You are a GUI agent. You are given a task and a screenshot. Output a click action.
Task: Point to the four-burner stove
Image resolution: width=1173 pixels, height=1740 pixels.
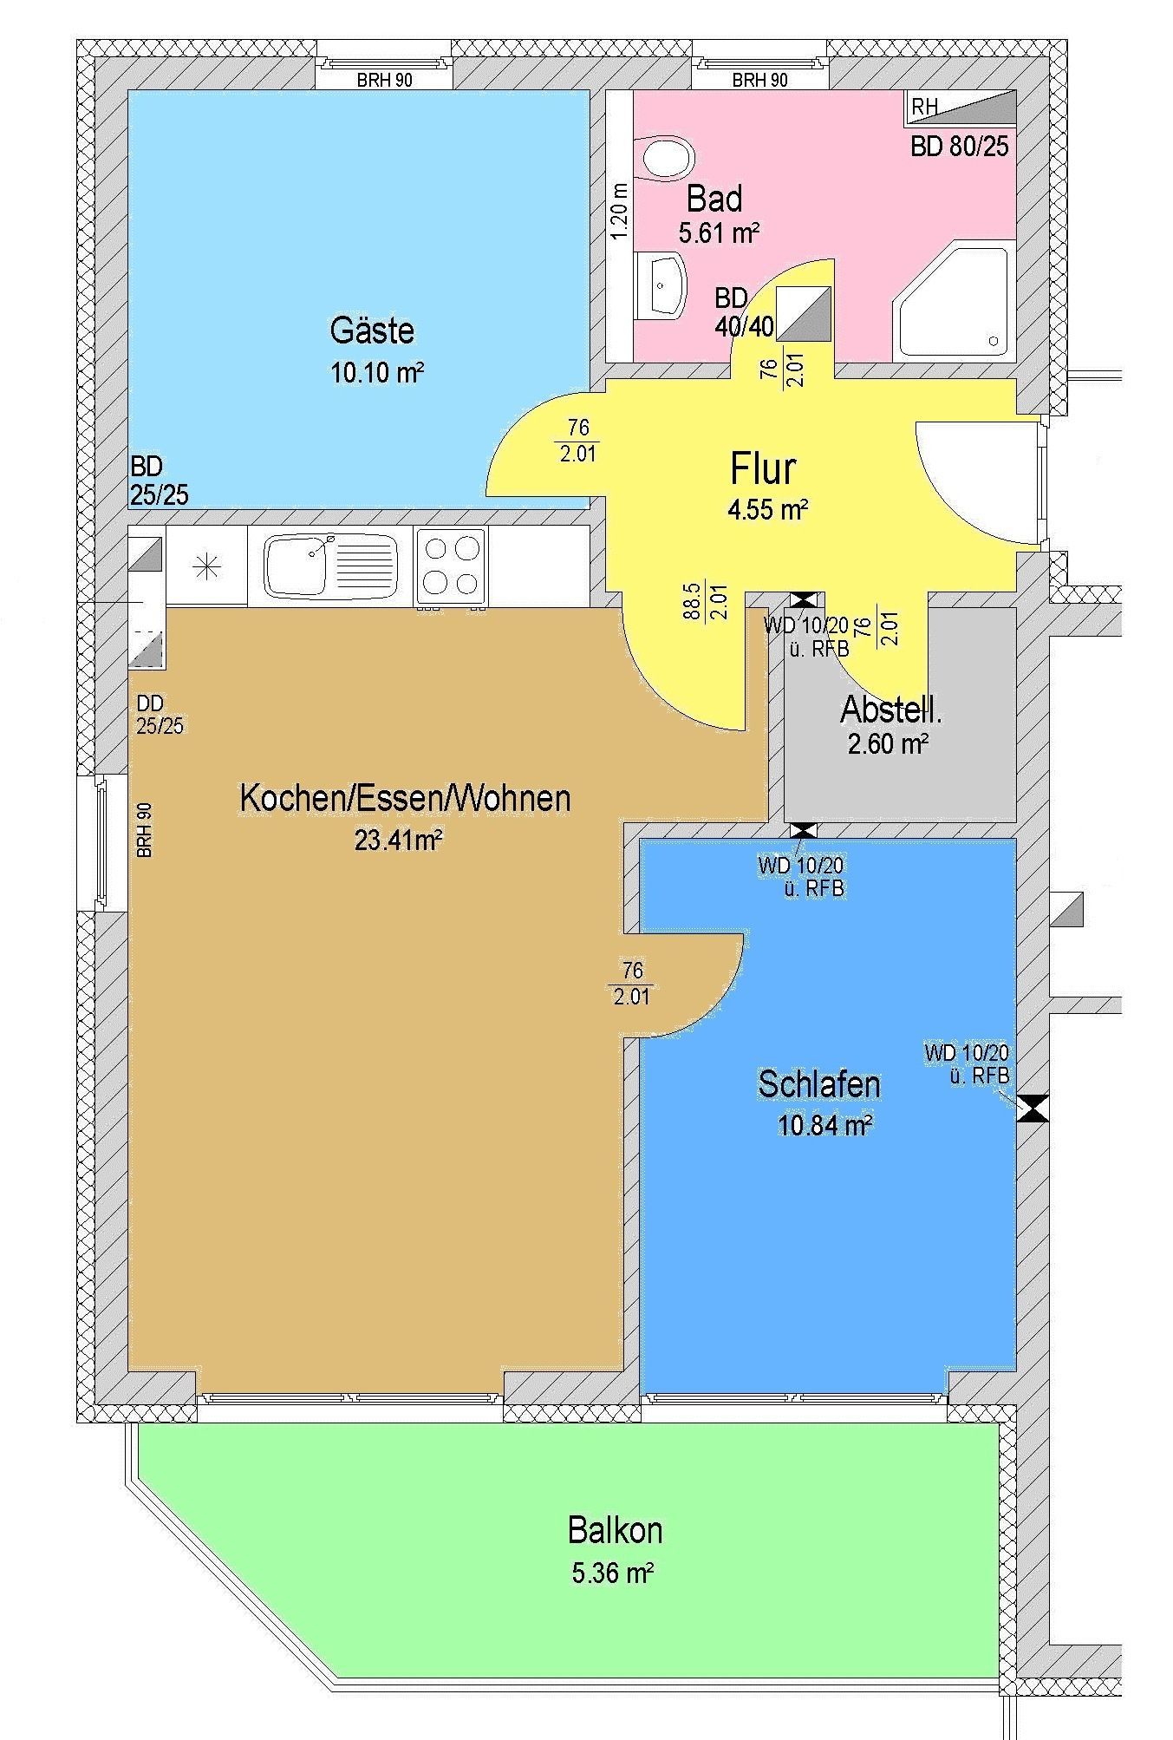[x=451, y=566]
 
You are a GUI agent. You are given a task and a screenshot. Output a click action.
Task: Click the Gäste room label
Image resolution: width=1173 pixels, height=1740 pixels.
[x=372, y=330]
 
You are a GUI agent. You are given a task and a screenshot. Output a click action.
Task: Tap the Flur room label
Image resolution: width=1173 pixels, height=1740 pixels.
[x=763, y=468]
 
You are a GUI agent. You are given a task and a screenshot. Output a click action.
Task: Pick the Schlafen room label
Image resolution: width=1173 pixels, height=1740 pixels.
[x=819, y=1084]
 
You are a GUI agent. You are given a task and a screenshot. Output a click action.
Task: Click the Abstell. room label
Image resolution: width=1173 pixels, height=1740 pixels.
[x=891, y=710]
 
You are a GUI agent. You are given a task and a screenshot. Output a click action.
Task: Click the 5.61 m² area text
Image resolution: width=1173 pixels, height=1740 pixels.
[x=720, y=232]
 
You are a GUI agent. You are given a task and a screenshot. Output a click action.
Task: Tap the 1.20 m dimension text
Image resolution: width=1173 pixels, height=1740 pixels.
[x=618, y=213]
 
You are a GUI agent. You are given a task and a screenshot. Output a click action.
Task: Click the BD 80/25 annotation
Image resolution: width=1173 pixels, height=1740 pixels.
[x=960, y=146]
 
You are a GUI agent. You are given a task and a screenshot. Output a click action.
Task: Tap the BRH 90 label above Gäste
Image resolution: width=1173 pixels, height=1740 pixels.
[x=384, y=81]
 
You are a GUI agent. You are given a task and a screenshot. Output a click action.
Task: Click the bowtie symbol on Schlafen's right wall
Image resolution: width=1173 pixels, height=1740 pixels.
[x=1033, y=1109]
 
